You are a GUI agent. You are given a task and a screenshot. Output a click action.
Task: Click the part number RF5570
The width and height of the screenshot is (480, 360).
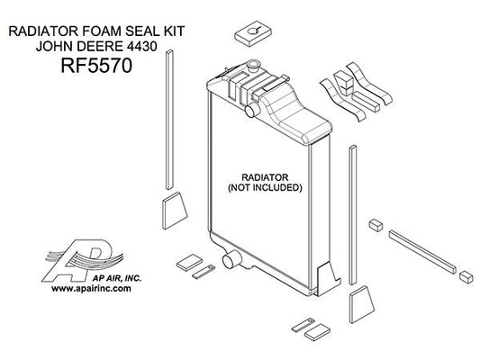96,66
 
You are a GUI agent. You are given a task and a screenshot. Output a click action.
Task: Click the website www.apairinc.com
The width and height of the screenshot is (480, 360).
91,288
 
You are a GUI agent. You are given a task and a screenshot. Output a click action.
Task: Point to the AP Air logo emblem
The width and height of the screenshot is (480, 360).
83,260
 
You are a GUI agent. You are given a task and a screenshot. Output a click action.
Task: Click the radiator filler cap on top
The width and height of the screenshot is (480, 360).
254,66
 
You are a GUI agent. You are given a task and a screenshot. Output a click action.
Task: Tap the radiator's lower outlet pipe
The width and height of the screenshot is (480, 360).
231,260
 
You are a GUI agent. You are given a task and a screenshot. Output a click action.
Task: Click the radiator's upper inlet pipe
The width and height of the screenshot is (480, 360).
252,110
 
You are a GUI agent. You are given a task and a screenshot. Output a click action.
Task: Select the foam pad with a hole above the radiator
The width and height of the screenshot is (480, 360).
253,33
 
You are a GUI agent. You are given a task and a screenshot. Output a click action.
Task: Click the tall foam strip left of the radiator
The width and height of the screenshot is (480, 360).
169,120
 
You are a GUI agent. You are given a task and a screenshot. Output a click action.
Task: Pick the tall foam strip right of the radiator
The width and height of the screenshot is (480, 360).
353,215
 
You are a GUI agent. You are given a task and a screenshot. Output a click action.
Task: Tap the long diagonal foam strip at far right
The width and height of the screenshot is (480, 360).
422,252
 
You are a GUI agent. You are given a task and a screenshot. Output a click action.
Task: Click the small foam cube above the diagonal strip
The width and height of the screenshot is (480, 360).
376,225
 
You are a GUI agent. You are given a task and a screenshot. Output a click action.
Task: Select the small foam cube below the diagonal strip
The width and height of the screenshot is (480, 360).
466,276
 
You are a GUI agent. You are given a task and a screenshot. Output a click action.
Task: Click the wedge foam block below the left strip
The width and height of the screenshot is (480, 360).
174,211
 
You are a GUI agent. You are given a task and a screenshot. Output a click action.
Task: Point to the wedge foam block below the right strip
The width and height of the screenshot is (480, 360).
361,304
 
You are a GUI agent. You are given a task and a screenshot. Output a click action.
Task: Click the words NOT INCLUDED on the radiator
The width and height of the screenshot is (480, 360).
265,187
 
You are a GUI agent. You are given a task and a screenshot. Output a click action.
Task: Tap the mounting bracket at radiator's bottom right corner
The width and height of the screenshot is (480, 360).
328,279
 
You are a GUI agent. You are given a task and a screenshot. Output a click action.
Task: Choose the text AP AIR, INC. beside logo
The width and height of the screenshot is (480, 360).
117,278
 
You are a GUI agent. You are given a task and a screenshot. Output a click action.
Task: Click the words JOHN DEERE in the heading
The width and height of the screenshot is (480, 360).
78,46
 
